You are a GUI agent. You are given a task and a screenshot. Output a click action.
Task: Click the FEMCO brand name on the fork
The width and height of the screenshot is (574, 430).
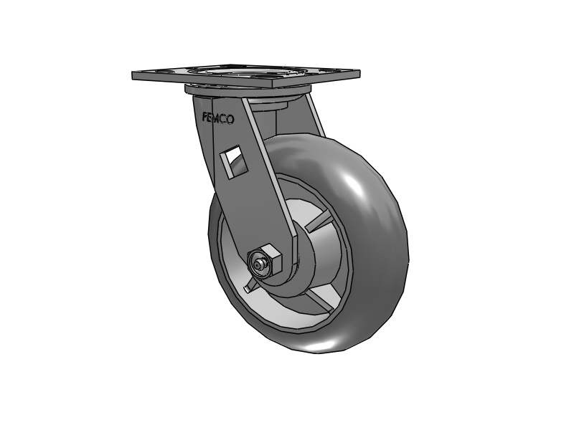point(217,118)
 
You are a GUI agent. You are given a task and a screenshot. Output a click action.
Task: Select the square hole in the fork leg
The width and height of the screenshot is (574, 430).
point(234,159)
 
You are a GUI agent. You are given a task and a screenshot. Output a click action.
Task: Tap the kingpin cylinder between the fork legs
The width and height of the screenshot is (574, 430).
point(276,115)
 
